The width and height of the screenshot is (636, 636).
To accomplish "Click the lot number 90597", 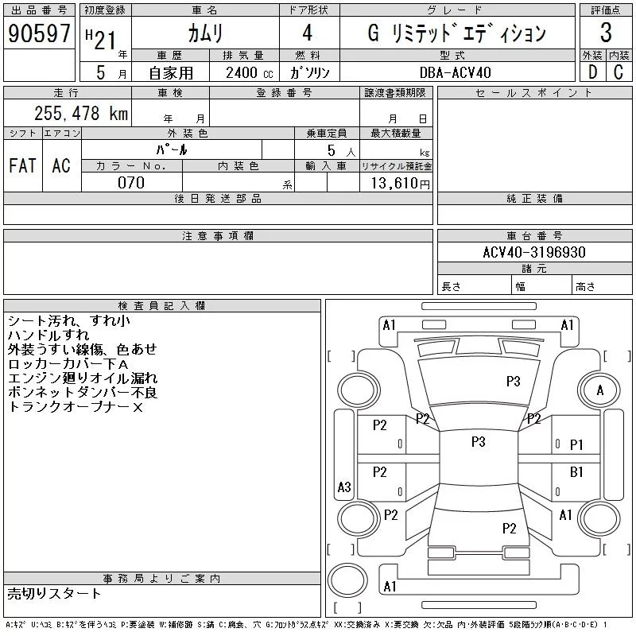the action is (x=39, y=33).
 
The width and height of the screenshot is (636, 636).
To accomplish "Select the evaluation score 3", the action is (x=606, y=33).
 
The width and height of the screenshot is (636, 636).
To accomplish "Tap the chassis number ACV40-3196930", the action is (x=534, y=252).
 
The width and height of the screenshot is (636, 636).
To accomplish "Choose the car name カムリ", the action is (x=205, y=33).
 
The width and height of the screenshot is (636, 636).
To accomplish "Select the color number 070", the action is (x=131, y=182).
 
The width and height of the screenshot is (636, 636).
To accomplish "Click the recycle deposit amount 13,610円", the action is (x=396, y=183).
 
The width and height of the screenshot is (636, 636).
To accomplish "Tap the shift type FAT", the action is (x=22, y=165).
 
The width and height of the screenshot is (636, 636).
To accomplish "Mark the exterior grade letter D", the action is (x=591, y=72).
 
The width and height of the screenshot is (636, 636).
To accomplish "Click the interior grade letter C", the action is (x=619, y=72).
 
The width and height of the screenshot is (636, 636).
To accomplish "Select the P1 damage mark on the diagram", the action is (x=577, y=445).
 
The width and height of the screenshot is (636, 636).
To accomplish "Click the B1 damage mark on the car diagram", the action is (x=577, y=472).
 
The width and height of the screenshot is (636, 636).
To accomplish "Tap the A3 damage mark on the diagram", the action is (x=344, y=487).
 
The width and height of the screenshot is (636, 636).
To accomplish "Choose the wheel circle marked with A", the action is (x=600, y=390).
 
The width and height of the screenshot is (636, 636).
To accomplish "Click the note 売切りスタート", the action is (x=54, y=593).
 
